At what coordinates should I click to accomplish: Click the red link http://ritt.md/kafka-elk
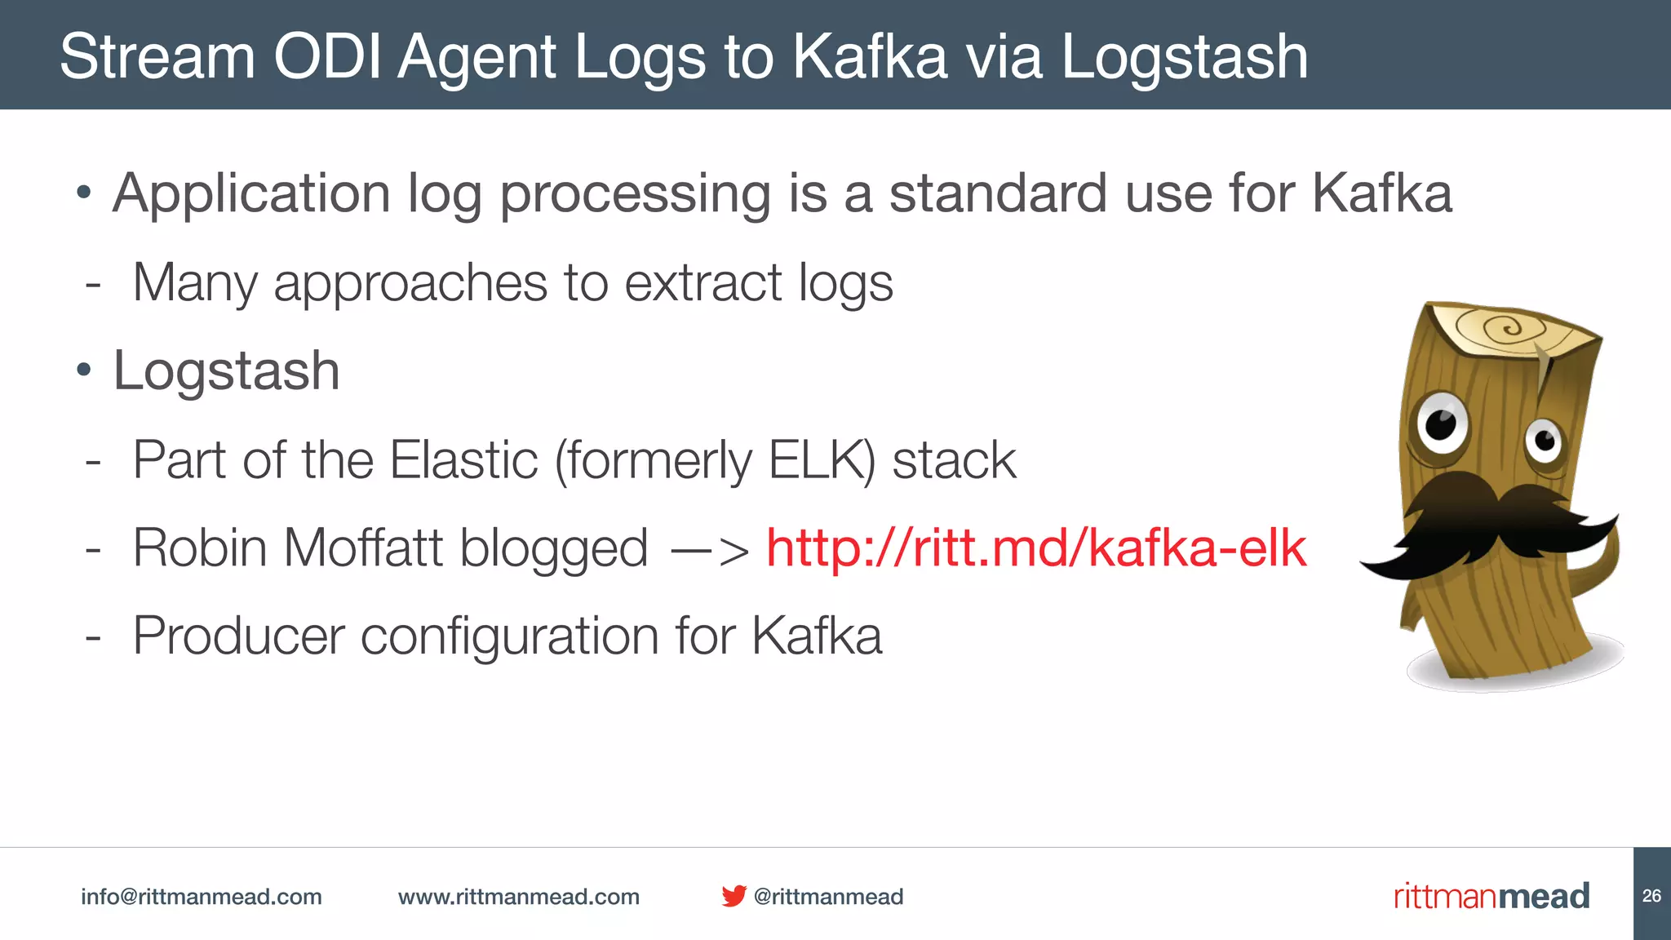tap(1036, 548)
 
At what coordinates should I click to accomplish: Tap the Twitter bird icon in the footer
tap(734, 896)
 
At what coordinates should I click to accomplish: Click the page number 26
tap(1651, 896)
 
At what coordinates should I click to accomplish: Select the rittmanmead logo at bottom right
tap(1491, 896)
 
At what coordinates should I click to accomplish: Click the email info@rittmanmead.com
tap(201, 897)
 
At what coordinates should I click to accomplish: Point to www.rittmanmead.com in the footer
tap(518, 897)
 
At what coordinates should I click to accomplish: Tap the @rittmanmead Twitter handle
tap(828, 897)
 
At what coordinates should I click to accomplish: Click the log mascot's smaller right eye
tap(1544, 441)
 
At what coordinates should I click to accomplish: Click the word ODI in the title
tap(327, 57)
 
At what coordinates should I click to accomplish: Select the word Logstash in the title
tap(1184, 57)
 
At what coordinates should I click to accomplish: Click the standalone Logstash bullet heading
tap(226, 371)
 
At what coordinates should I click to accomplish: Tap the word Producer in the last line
tap(238, 636)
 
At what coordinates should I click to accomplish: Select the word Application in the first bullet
tap(251, 194)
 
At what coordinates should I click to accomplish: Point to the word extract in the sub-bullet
tap(703, 283)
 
